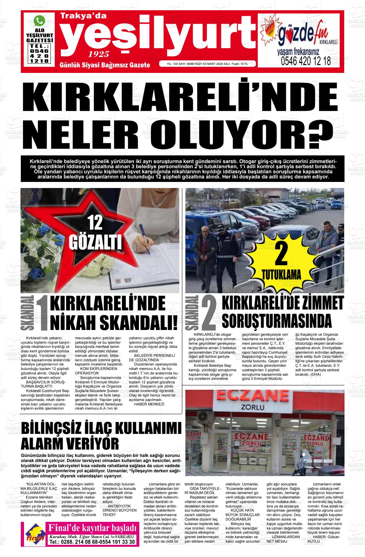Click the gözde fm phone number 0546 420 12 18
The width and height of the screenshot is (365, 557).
[x=305, y=61]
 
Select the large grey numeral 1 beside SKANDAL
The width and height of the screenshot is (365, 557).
[x=43, y=318]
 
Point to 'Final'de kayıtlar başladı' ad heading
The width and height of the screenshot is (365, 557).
[x=92, y=528]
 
